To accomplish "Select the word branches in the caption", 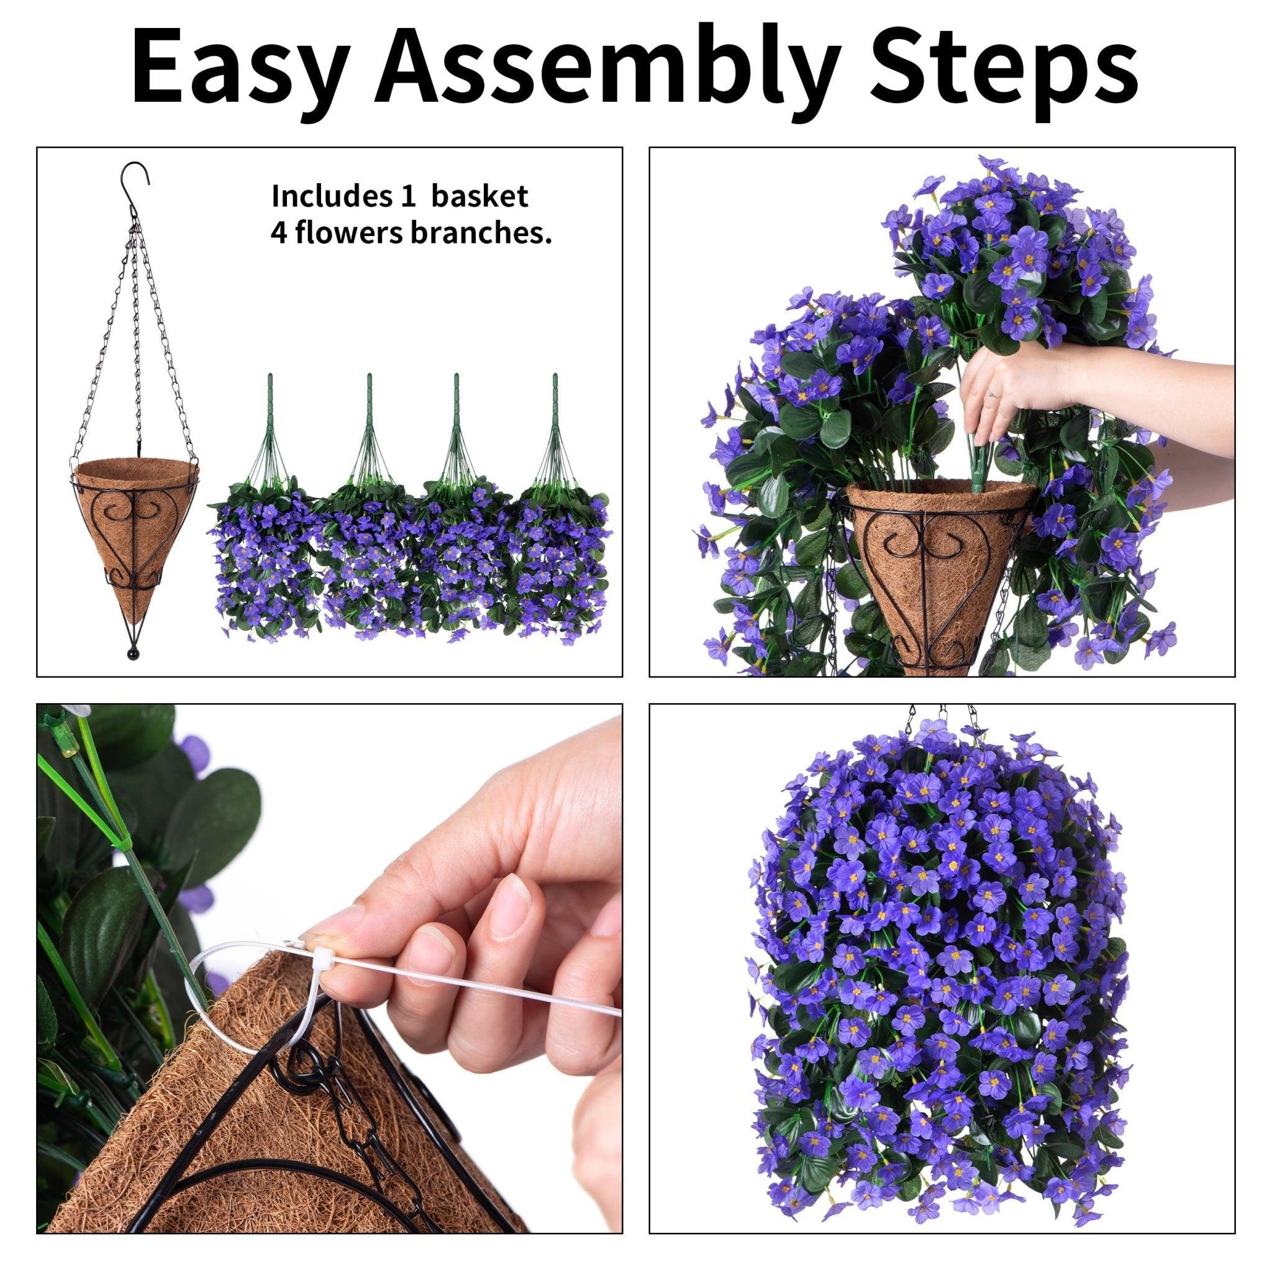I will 480,234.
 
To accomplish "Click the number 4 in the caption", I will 278,234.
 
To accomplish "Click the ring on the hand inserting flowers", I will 991,393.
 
